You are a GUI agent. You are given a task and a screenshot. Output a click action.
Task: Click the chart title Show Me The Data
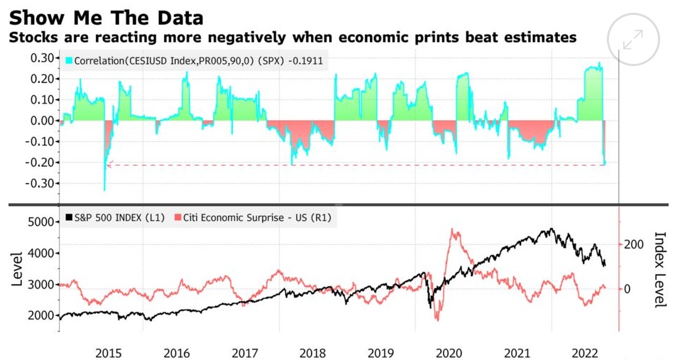[x=105, y=16]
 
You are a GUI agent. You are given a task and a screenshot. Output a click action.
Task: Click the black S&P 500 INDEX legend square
[x=69, y=217]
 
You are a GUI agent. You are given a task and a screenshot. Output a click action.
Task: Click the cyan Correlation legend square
[x=69, y=61]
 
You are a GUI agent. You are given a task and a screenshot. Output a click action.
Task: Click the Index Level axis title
[x=659, y=270]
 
